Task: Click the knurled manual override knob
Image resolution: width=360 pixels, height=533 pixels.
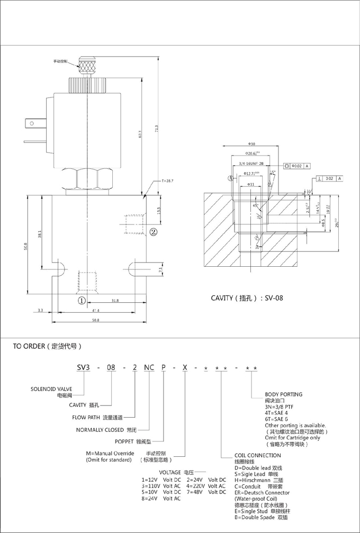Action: click(x=85, y=67)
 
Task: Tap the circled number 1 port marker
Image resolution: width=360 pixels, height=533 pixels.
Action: click(x=82, y=300)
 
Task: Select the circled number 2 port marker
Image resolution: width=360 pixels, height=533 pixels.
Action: click(x=154, y=231)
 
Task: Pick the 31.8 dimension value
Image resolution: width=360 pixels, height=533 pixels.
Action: click(x=115, y=301)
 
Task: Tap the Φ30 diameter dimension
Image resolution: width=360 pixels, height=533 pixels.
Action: click(x=251, y=144)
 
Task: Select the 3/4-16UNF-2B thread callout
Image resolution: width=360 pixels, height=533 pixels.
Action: click(x=251, y=165)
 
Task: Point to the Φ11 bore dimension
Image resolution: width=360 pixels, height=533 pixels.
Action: click(x=251, y=184)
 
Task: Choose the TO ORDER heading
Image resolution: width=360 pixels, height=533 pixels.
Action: click(x=47, y=347)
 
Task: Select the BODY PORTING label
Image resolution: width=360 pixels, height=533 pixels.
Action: click(x=284, y=394)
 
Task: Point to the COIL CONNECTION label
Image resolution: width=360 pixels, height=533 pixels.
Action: click(x=258, y=455)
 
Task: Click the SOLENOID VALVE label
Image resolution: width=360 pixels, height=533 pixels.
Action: click(x=50, y=390)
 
